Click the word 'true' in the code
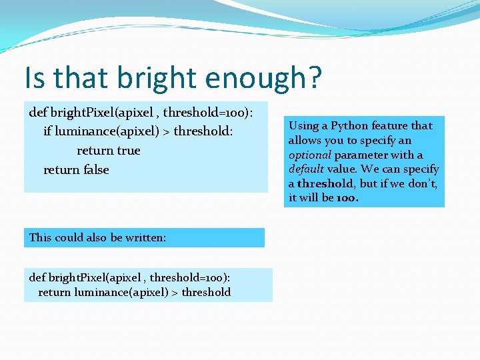point(127,151)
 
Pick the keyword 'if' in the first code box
point(47,131)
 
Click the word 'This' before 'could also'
point(40,237)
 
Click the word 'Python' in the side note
point(349,125)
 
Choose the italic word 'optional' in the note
point(310,155)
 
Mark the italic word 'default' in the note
point(306,169)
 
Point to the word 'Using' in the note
point(304,125)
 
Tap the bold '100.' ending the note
point(347,198)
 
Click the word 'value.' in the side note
point(343,169)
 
